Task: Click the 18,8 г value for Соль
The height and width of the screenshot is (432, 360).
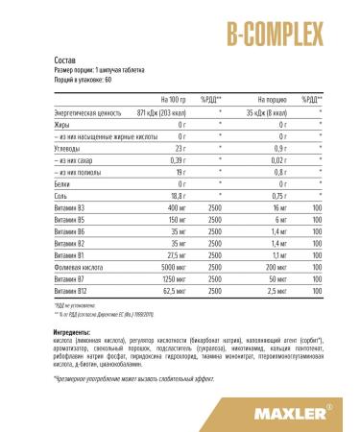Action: (x=176, y=193)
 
